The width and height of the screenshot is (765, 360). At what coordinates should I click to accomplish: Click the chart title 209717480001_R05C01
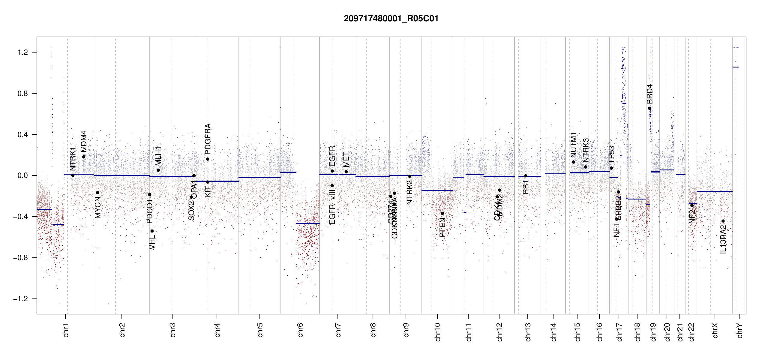(391, 19)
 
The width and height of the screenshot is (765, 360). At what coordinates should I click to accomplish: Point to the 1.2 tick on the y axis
(22, 52)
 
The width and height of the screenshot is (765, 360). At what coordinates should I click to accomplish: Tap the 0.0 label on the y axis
(22, 175)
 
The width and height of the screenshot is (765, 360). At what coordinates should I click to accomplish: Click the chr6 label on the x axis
(300, 330)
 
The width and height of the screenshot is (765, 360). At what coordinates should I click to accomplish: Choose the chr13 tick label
(528, 332)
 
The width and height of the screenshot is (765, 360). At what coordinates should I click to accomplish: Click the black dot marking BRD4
(649, 108)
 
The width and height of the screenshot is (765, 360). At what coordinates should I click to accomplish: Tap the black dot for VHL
(152, 231)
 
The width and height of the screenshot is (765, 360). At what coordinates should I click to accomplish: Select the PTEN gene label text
(442, 228)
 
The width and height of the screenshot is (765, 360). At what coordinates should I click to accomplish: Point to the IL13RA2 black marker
(723, 221)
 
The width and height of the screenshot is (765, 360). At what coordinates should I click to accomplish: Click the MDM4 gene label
(84, 141)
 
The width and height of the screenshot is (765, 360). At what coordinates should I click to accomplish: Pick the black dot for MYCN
(97, 193)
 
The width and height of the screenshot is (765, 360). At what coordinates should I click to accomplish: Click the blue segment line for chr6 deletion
(307, 223)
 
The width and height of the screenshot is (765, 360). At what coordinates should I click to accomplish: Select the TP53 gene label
(611, 154)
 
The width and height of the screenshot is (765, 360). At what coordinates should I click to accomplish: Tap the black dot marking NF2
(692, 206)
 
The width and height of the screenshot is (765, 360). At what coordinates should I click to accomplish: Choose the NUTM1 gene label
(573, 145)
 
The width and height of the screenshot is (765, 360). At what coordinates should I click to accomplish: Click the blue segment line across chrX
(714, 191)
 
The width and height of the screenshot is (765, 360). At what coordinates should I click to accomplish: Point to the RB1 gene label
(526, 187)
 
